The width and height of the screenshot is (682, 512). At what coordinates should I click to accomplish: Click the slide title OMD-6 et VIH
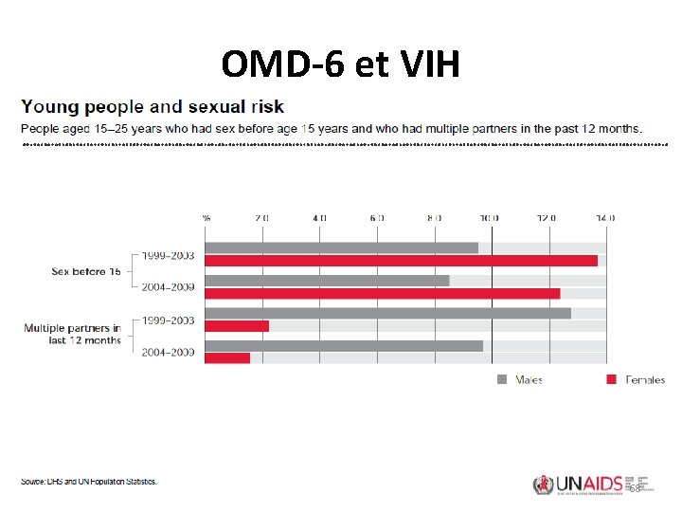[340, 64]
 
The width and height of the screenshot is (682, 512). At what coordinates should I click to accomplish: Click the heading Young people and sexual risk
[153, 106]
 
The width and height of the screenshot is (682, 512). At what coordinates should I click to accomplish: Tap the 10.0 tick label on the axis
[490, 217]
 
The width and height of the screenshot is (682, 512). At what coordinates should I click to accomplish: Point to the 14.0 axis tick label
[604, 217]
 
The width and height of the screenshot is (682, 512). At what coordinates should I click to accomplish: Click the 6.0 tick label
[376, 217]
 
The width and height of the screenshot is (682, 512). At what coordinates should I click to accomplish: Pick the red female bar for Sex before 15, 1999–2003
[401, 261]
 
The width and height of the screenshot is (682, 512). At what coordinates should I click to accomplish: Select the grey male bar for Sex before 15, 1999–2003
[341, 247]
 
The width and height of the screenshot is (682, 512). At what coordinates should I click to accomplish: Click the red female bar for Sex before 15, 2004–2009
[382, 294]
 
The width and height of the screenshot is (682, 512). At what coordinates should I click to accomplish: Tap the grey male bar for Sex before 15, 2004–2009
[327, 281]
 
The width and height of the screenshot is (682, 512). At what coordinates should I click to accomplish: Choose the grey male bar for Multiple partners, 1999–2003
[387, 313]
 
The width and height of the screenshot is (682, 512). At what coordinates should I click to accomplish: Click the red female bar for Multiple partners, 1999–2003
[237, 326]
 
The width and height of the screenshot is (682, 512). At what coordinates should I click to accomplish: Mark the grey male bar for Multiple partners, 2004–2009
[344, 346]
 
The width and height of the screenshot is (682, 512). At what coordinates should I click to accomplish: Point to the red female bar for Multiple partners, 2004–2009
[227, 358]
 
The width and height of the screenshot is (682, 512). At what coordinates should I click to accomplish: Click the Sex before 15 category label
[85, 271]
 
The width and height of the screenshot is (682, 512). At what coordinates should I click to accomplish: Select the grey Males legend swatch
[503, 379]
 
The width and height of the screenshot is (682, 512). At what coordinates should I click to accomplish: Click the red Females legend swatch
[611, 379]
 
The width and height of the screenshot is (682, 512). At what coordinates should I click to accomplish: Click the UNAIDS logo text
[584, 484]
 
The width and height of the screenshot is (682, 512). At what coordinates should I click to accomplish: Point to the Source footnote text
[89, 481]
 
